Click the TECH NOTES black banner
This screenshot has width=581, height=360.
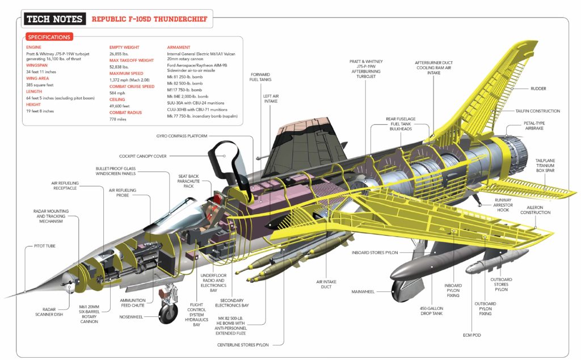tap(55, 19)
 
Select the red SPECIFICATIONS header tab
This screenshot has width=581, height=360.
tap(49, 37)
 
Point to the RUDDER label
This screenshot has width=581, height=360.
tap(538, 89)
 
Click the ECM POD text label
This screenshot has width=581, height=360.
tap(472, 336)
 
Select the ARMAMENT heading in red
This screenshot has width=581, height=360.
tap(179, 47)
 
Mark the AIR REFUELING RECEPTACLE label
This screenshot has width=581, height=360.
tap(66, 186)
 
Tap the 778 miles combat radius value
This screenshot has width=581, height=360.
tap(119, 119)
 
